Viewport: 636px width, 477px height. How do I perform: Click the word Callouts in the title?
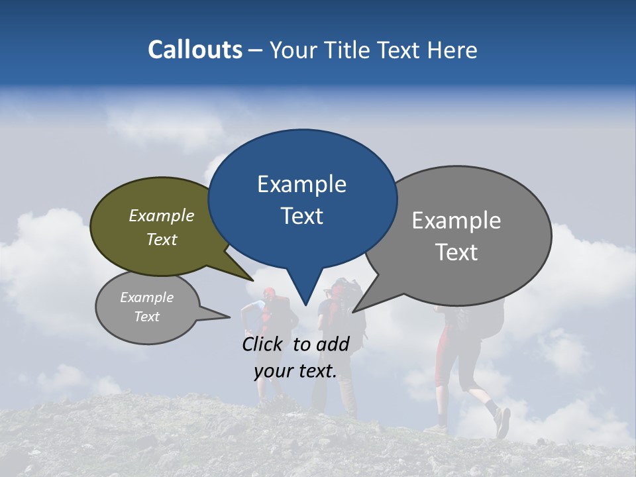pyautogui.click(x=195, y=50)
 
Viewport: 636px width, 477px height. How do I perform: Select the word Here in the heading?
pyautogui.click(x=452, y=50)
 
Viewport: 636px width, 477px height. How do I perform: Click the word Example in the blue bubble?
pyautogui.click(x=301, y=184)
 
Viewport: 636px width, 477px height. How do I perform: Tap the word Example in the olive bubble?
pyautogui.click(x=162, y=216)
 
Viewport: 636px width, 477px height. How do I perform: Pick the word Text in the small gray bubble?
pyautogui.click(x=146, y=317)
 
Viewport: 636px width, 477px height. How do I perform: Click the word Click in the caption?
pyautogui.click(x=264, y=344)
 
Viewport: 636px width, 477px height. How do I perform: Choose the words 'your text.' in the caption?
pyautogui.click(x=295, y=371)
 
